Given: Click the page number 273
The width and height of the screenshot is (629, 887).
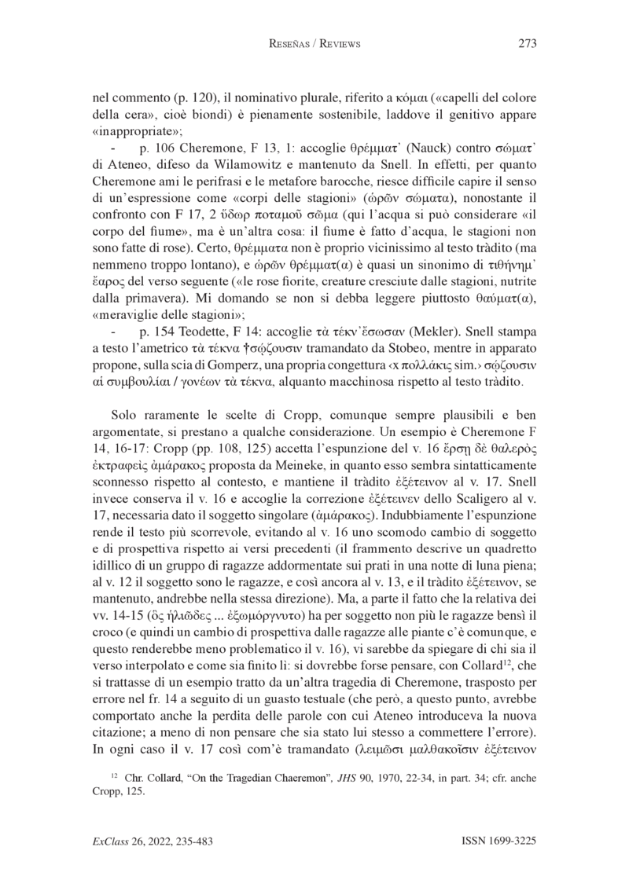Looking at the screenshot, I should tap(527, 44).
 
